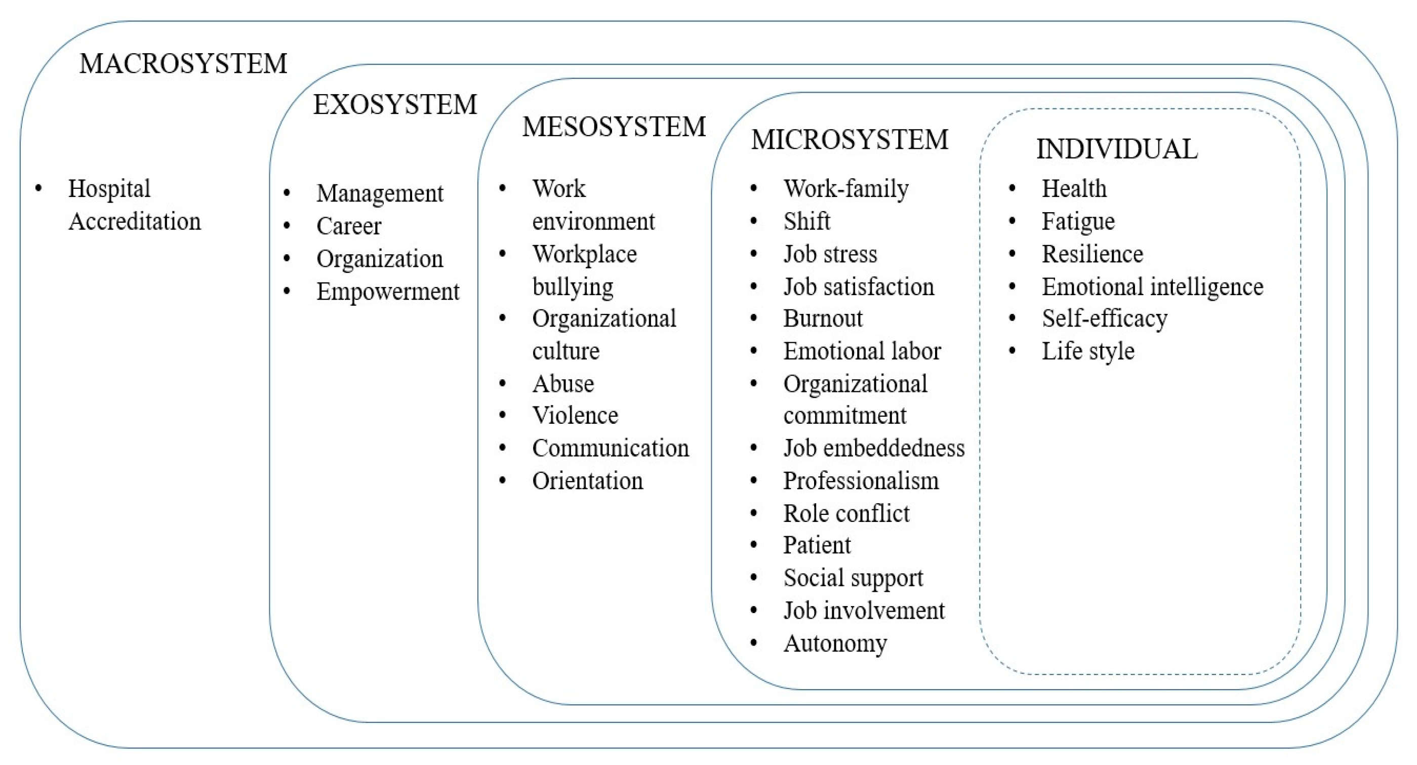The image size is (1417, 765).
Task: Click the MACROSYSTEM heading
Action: coord(183,64)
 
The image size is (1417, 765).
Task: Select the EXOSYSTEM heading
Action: coord(395,104)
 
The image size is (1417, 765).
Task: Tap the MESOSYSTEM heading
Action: coord(614,127)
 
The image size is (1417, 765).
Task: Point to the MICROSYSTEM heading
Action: coord(849,140)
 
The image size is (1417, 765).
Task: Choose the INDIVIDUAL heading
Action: coord(1117,149)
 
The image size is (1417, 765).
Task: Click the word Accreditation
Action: coord(135,222)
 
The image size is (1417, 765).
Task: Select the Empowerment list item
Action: coord(387,292)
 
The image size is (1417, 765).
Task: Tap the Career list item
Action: coord(349,226)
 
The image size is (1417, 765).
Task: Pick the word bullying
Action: coord(573,287)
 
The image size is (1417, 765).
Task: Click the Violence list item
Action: coord(575,415)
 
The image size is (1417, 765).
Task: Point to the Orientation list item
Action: coord(587,481)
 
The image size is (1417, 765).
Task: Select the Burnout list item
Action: coord(823,318)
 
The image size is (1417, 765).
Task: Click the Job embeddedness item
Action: coord(873,448)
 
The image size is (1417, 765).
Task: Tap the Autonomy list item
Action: coord(835,643)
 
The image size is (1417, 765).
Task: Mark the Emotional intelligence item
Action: coord(1152,287)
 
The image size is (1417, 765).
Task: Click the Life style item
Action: coord(1087,351)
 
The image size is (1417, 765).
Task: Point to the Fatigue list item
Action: coord(1078,222)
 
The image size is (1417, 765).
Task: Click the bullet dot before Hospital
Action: coord(38,189)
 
